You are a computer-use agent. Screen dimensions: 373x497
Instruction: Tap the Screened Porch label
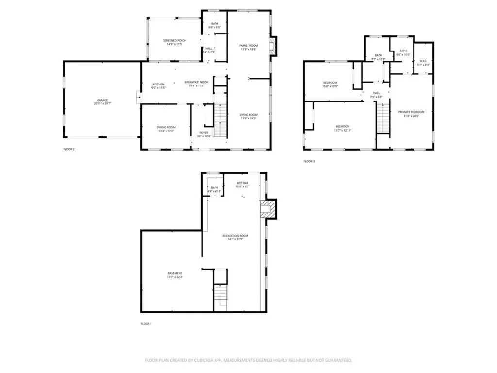[174, 40]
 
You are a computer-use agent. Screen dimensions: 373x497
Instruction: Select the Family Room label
[248, 46]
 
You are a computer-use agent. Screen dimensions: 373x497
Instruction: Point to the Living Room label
[248, 115]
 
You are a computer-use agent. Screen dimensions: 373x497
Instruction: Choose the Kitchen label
[159, 84]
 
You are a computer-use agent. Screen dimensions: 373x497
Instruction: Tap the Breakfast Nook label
[197, 82]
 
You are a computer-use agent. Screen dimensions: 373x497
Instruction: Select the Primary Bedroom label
[411, 112]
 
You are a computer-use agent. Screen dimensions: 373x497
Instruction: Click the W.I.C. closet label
[423, 61]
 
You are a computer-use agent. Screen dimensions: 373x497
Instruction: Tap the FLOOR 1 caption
[146, 323]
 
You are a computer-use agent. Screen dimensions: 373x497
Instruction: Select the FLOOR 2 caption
[68, 149]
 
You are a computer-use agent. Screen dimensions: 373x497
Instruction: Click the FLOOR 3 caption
[309, 161]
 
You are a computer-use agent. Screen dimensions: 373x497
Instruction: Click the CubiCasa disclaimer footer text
[248, 360]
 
